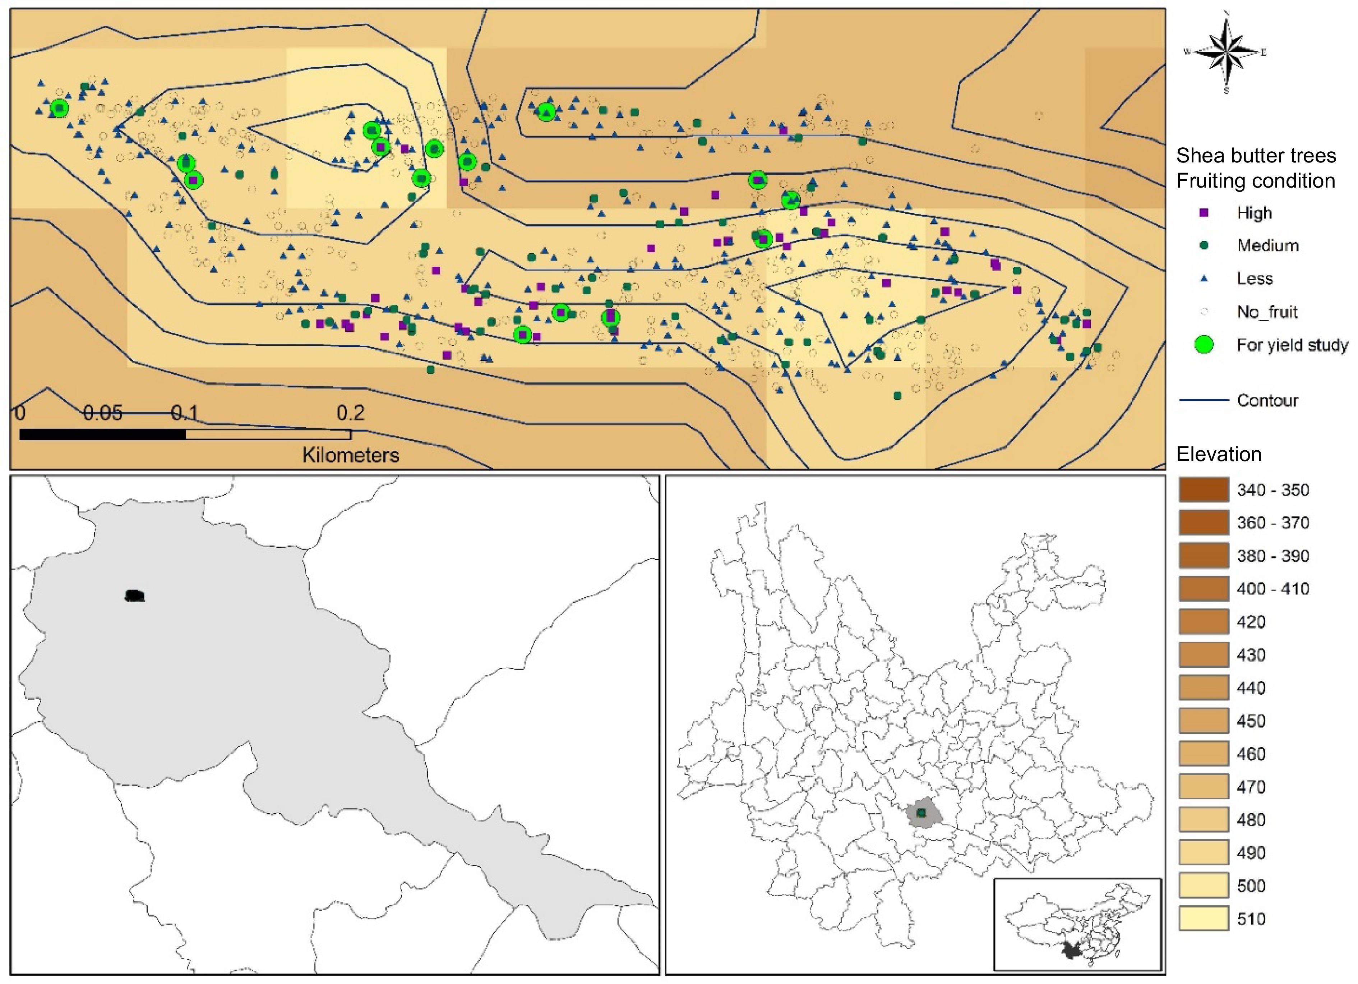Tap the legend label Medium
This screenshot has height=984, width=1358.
coord(1267,245)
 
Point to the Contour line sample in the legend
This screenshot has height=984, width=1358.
coord(1204,400)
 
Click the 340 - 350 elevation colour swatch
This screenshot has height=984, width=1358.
coord(1204,489)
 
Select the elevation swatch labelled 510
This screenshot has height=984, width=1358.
coord(1204,919)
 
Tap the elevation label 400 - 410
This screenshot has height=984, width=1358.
coord(1273,589)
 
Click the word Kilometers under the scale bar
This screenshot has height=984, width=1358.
coord(350,455)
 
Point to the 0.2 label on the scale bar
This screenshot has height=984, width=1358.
coord(350,413)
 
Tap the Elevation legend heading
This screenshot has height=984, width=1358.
coord(1219,455)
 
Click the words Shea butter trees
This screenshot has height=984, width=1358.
coord(1256,156)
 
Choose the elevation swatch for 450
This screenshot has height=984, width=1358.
coord(1204,721)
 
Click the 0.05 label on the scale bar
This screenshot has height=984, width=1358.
coord(102,413)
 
